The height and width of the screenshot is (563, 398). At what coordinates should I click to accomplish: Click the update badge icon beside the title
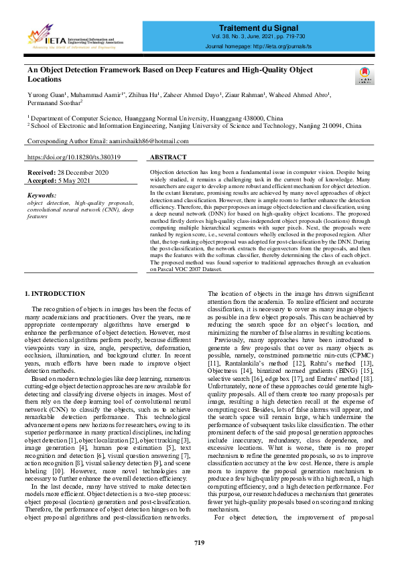click(364, 74)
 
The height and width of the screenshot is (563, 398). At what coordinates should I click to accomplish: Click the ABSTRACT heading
click(168, 157)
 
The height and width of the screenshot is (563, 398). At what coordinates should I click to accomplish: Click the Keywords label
click(42, 195)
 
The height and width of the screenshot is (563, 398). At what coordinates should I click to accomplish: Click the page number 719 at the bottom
click(199, 542)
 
